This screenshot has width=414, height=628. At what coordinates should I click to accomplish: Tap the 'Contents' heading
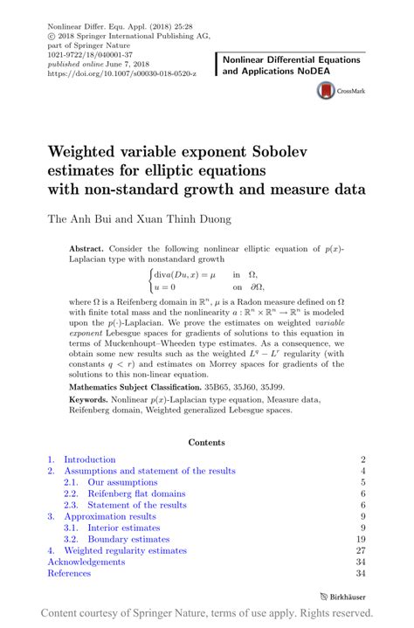207,443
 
